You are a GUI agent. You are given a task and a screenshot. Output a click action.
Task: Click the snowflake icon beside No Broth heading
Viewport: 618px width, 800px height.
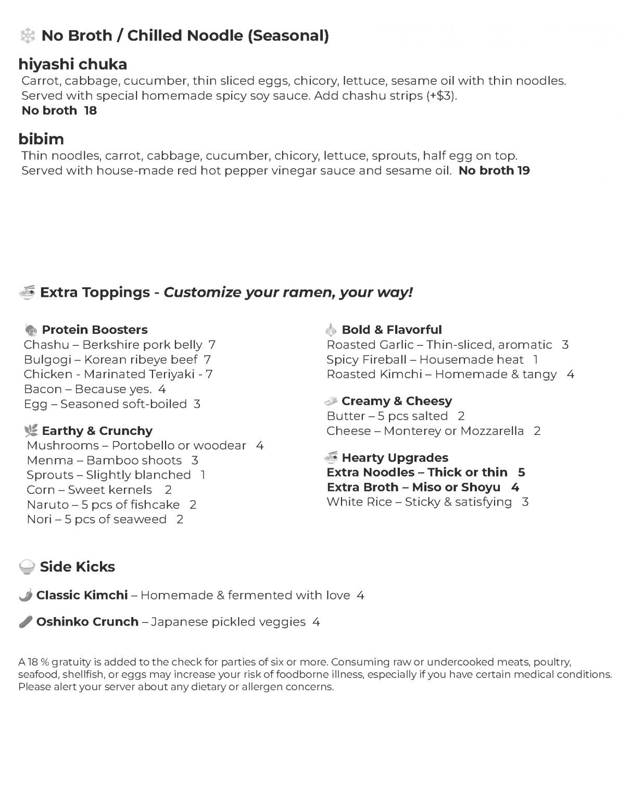[x=27, y=36]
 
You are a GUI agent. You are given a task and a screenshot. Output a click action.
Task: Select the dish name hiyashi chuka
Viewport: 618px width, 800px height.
[x=73, y=65]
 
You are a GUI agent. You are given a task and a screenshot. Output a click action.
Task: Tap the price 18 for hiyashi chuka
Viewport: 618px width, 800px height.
[x=91, y=110]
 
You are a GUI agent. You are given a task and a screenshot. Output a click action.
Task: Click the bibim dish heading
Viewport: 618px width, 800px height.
[x=41, y=139]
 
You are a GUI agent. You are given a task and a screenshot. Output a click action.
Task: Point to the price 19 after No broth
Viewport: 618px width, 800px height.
[x=523, y=171]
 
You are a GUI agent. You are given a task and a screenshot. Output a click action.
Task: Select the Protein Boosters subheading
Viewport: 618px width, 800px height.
[x=94, y=330]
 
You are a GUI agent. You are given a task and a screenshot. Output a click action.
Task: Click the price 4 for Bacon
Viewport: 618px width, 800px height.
[x=162, y=389]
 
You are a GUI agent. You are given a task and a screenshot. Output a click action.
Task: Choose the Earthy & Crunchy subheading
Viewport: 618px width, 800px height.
[x=97, y=431]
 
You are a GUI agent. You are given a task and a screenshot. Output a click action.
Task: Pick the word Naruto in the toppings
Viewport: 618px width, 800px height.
[x=47, y=505]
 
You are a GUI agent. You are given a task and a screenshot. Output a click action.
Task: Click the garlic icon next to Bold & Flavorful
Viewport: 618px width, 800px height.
[x=331, y=330]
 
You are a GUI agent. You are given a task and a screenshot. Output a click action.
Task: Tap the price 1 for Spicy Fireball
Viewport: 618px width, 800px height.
[x=536, y=359]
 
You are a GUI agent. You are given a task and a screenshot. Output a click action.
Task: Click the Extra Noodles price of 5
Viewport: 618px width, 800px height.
[x=521, y=472]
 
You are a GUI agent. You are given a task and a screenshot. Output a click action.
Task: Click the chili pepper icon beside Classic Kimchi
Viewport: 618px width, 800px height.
[x=26, y=595]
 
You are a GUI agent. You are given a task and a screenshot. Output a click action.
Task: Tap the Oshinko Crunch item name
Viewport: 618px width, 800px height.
[x=87, y=622]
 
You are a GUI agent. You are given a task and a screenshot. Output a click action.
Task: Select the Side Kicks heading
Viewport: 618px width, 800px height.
[x=77, y=567]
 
